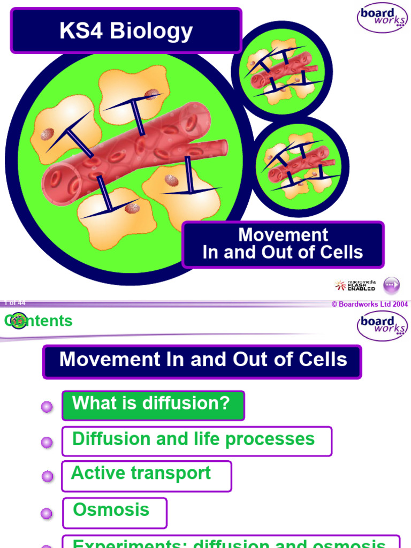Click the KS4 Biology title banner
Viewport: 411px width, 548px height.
pos(126,31)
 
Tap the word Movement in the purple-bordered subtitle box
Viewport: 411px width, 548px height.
pos(283,235)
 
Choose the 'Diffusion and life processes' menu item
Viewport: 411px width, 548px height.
pos(196,440)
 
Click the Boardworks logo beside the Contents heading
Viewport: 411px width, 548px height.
pos(382,325)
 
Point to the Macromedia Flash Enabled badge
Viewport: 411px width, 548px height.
pos(355,285)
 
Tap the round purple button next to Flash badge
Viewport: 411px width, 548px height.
pos(392,285)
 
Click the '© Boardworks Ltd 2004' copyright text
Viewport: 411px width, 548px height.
pos(370,305)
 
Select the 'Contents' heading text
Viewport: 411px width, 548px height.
pos(39,321)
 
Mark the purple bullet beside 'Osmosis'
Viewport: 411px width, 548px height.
pos(47,514)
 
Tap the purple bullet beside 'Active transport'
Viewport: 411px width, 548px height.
pos(47,477)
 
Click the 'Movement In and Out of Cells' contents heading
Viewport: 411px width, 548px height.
pos(203,360)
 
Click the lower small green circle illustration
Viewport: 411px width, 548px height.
pos(300,166)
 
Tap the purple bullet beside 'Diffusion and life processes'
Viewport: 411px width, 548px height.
pos(47,442)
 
